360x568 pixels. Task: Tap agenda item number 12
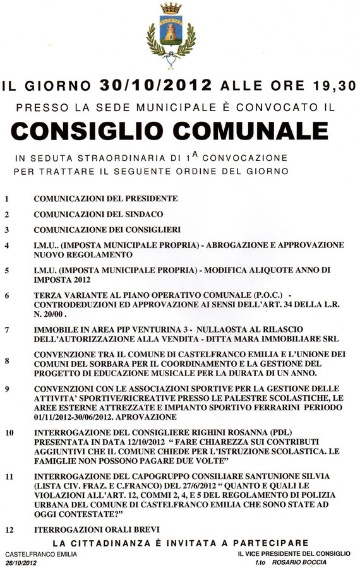click(x=9, y=528)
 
